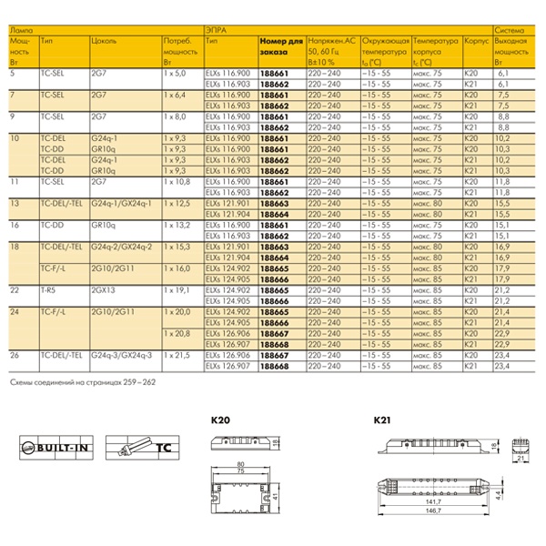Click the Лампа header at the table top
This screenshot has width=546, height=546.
click(x=19, y=30)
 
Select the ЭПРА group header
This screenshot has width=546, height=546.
click(x=216, y=30)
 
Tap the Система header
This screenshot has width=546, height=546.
click(x=508, y=30)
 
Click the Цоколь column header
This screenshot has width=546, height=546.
click(x=104, y=42)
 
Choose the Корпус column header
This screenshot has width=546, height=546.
click(x=474, y=42)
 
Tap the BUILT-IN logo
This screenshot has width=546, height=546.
click(x=56, y=449)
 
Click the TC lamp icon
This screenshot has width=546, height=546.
click(x=136, y=449)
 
